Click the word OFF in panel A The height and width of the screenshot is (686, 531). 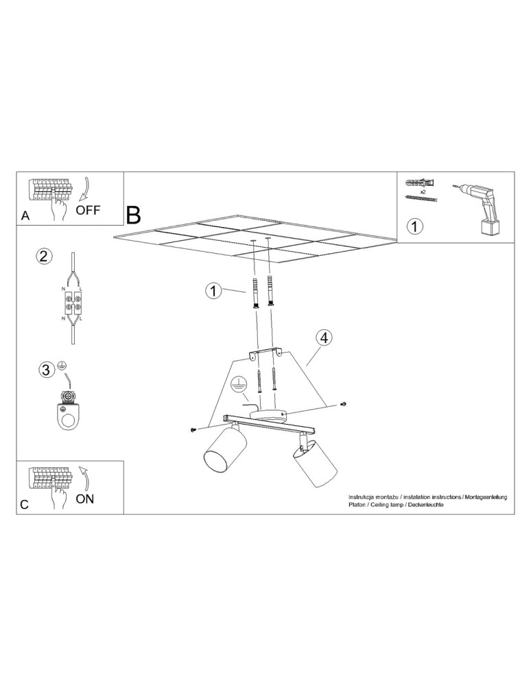point(88,210)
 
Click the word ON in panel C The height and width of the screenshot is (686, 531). point(85,499)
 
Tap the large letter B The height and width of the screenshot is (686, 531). point(133,215)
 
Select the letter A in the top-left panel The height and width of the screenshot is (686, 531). point(25,215)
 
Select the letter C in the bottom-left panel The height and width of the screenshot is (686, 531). point(25,504)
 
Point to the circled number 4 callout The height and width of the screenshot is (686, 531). point(324,338)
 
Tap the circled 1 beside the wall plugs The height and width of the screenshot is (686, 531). point(213,292)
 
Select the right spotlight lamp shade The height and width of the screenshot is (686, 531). point(316,463)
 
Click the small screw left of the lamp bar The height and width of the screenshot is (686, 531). point(193,429)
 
